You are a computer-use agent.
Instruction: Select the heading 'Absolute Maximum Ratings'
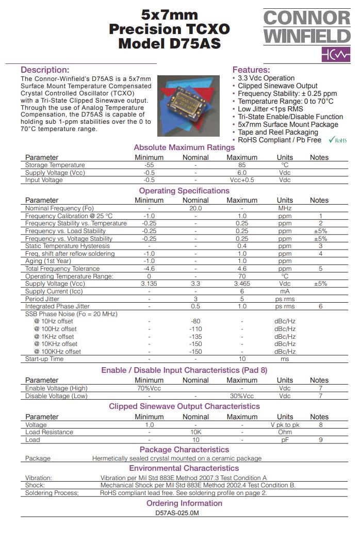click(x=184, y=147)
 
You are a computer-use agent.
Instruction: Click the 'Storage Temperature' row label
click(x=55, y=165)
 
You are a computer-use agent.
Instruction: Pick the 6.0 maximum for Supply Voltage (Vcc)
click(x=242, y=173)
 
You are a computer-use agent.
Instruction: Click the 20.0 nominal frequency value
click(x=195, y=208)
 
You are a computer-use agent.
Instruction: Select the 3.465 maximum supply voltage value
click(x=242, y=284)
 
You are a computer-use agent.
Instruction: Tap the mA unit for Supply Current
click(x=285, y=291)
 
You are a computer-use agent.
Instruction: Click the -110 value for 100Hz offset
click(x=195, y=329)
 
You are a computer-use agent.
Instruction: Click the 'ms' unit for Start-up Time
click(x=285, y=359)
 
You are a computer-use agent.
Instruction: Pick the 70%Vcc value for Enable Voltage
click(x=149, y=388)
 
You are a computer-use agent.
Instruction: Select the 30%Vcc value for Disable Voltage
click(x=242, y=396)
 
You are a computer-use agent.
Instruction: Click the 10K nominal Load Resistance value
click(x=195, y=432)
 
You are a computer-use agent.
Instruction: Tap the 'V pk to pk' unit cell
click(x=285, y=425)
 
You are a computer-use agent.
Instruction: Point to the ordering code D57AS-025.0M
click(x=177, y=514)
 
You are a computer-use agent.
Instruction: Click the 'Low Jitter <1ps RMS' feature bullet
click(x=270, y=109)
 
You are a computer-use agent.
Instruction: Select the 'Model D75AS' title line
click(x=169, y=44)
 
